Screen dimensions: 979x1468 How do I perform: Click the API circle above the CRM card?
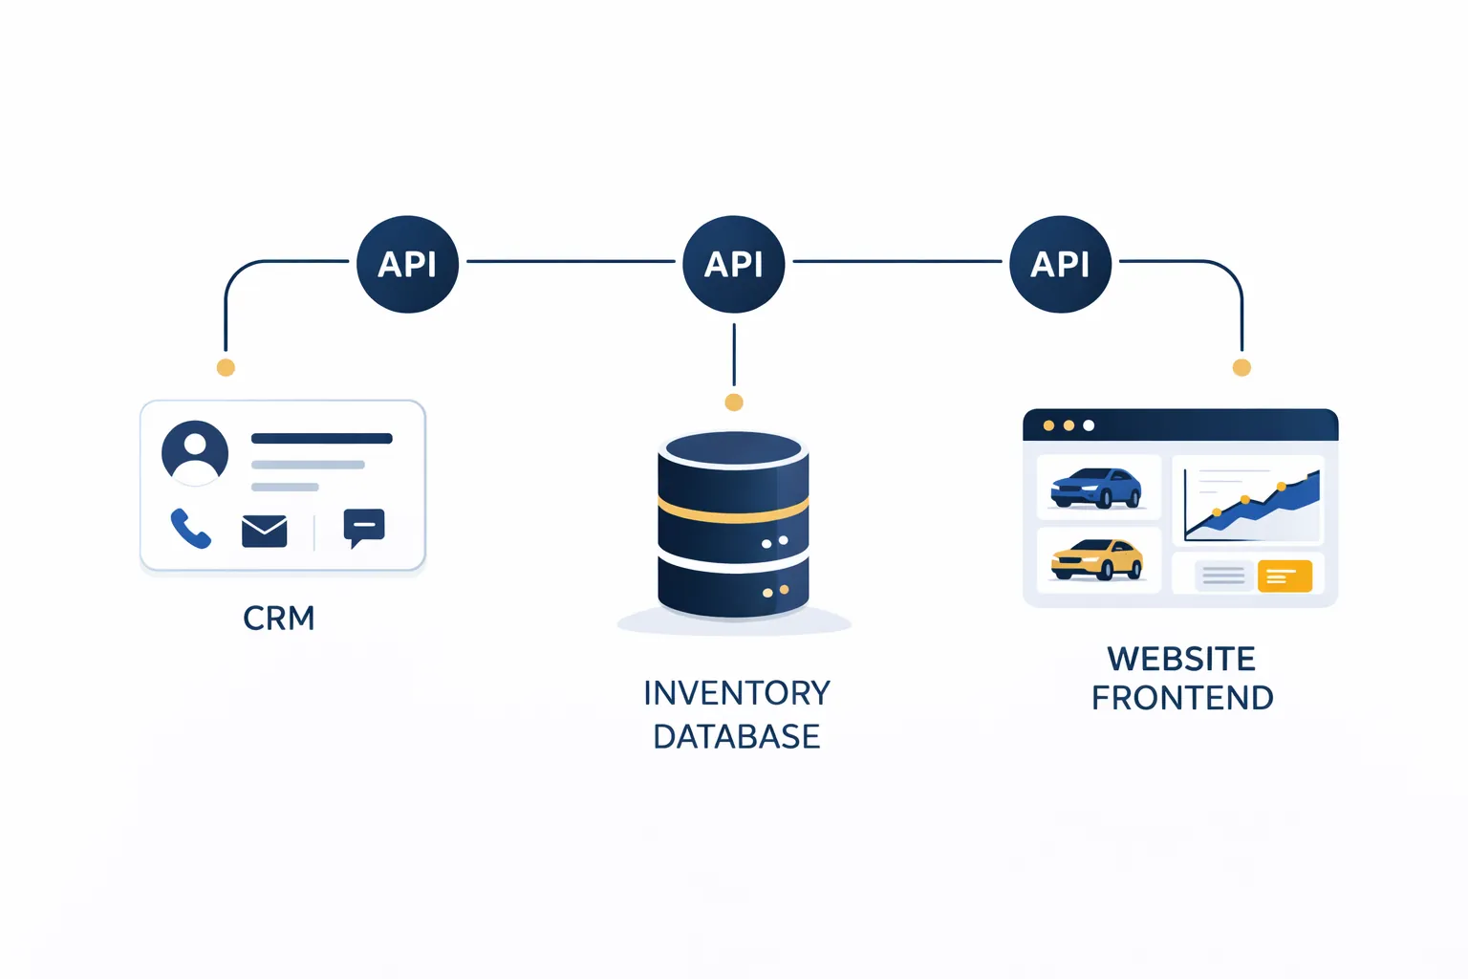pos(407,264)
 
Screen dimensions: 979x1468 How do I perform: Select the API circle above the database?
pos(733,264)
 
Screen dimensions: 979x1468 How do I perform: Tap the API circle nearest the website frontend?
pos(1060,264)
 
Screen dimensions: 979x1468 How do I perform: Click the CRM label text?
pos(278,619)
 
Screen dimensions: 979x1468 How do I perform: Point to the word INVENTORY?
pos(736,693)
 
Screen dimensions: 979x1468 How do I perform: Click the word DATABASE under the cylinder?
pos(736,737)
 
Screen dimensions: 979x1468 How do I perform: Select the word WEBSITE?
pos(1181,659)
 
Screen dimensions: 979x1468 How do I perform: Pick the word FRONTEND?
pos(1182,698)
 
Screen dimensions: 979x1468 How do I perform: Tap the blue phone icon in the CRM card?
pos(190,529)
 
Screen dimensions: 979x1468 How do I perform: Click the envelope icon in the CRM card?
pos(265,531)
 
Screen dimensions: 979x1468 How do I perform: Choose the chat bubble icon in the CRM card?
pos(364,527)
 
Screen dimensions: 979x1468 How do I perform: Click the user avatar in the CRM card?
pos(195,452)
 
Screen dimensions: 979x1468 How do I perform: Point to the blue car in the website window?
pos(1095,488)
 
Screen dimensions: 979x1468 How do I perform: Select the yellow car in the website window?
pos(1096,559)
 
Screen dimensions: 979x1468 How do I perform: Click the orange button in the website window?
pos(1284,577)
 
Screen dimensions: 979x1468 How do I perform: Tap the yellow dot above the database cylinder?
pos(734,402)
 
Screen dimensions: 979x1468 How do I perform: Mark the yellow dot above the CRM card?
pos(226,367)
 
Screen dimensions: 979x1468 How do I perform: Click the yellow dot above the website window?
pos(1241,367)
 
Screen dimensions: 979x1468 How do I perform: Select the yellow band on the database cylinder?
pos(733,512)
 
